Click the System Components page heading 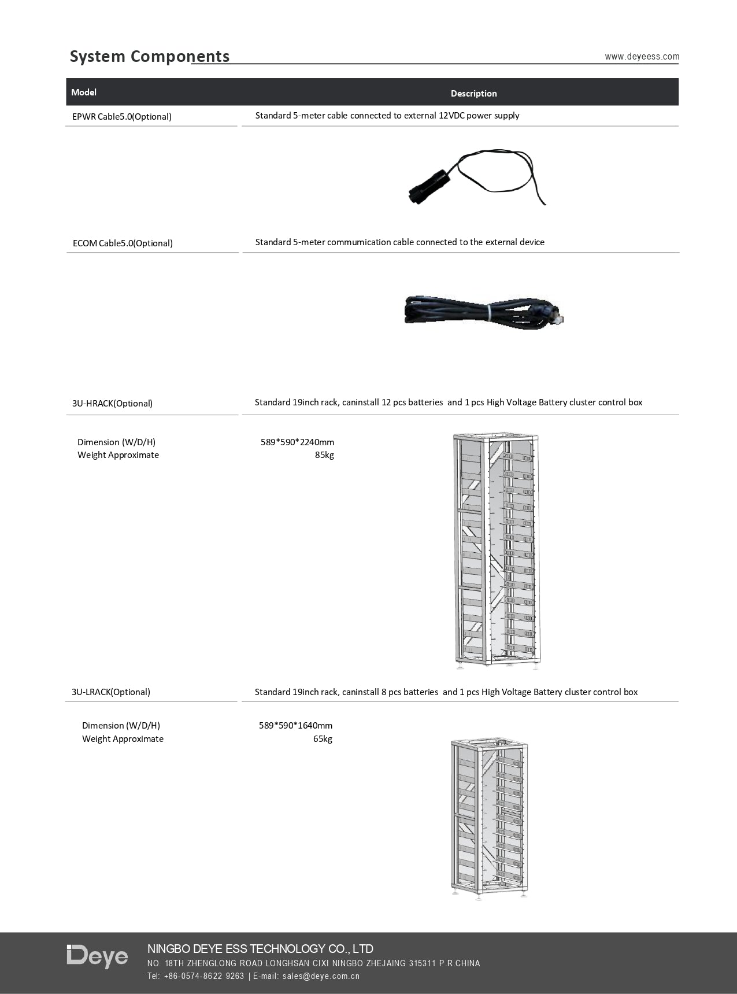150,57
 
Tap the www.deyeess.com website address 642,57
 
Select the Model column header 84,93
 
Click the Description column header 473,94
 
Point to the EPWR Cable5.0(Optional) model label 122,117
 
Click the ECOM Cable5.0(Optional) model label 123,243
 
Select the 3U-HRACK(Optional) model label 112,404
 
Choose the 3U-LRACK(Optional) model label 111,692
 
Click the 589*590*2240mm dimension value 297,442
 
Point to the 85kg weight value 324,455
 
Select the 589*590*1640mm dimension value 295,726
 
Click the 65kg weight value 323,739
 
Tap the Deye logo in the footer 97,956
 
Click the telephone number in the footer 205,976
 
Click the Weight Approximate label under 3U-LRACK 123,739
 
